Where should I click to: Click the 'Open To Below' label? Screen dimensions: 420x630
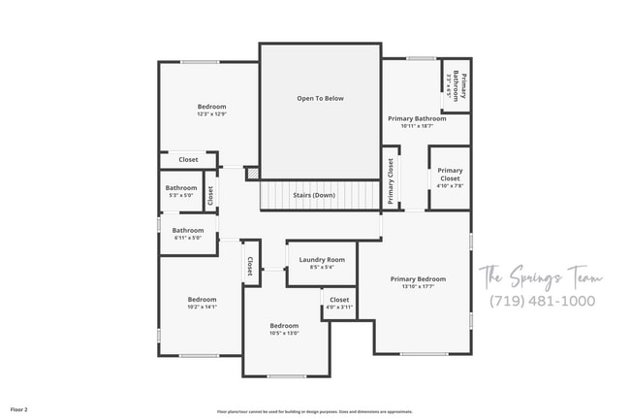click(320, 98)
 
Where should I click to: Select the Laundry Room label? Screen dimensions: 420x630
click(322, 259)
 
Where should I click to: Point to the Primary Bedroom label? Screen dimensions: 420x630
click(418, 278)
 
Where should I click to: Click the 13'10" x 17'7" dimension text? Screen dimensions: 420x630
click(418, 286)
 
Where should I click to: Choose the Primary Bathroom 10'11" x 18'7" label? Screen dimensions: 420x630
click(417, 122)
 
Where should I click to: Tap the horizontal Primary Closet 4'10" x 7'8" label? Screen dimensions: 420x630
click(450, 178)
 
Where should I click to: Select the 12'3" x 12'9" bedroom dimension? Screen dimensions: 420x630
click(211, 114)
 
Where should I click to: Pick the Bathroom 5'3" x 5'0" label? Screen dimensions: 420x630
click(180, 191)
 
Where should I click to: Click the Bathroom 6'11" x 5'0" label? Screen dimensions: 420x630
click(188, 233)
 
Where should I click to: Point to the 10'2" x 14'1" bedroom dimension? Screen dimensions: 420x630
click(202, 307)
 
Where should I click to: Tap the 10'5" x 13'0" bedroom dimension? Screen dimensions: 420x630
click(284, 333)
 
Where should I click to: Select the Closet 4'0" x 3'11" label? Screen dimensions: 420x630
click(339, 304)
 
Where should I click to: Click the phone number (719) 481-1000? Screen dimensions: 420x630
click(542, 301)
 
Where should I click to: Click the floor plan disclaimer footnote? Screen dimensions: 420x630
click(314, 411)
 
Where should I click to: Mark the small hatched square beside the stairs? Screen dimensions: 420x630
click(252, 175)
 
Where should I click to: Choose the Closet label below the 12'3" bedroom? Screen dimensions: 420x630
click(188, 159)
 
